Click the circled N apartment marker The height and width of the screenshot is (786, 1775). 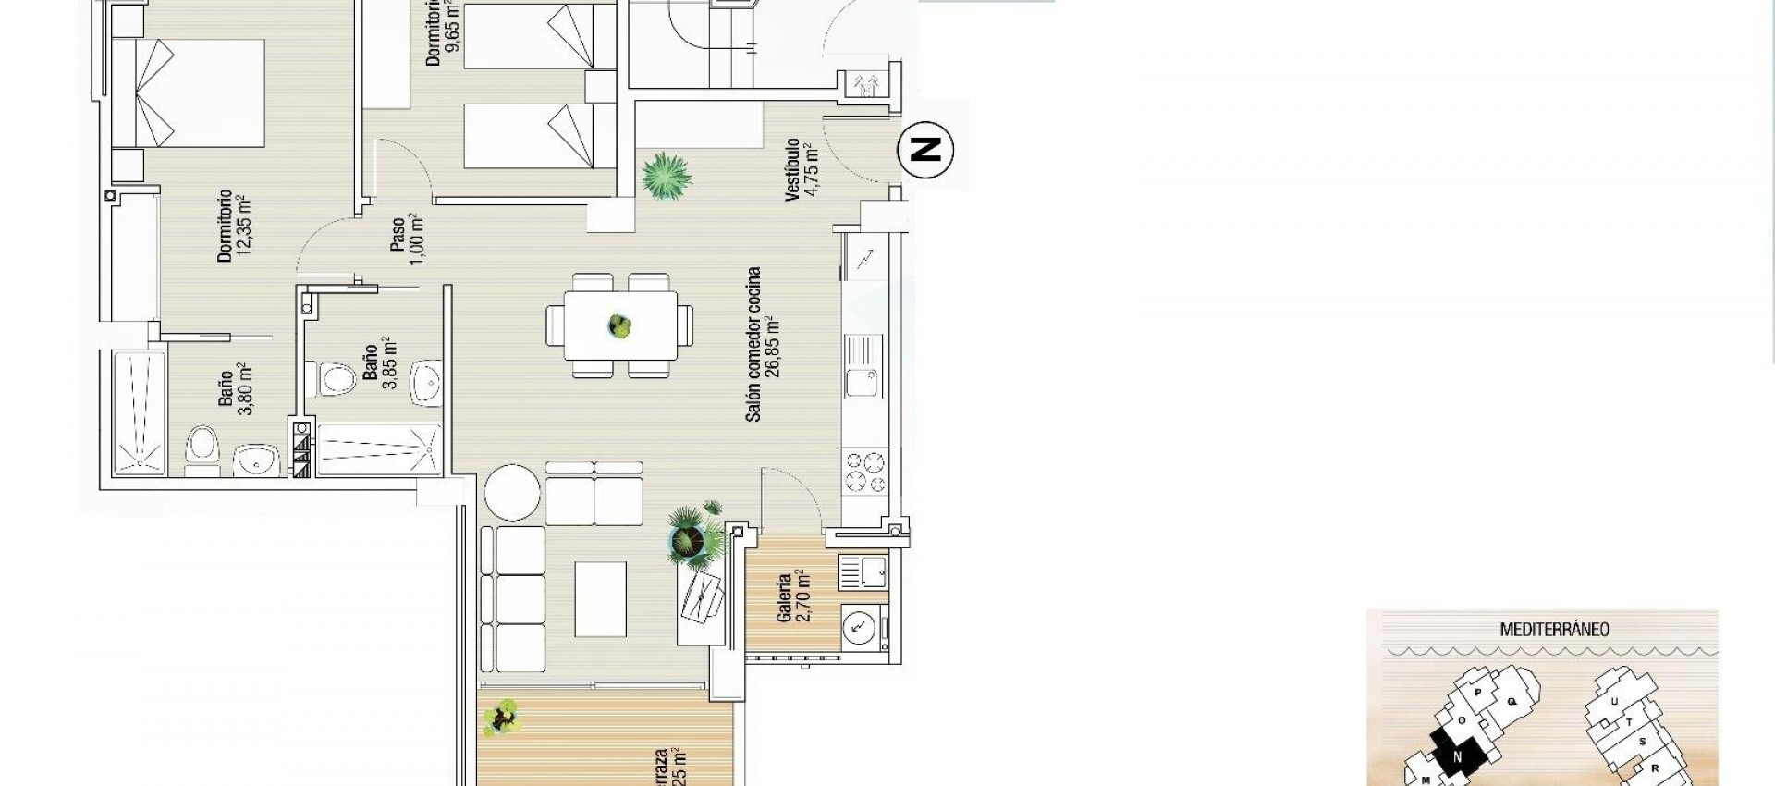(x=926, y=148)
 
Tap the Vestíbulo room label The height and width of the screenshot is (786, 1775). (x=799, y=169)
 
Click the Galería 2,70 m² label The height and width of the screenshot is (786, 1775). (x=792, y=597)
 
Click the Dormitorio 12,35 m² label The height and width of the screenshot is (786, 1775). (x=233, y=227)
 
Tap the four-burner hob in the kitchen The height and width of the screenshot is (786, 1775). (x=865, y=470)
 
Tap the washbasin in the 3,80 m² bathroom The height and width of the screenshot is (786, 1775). (x=255, y=460)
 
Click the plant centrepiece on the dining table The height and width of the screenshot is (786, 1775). (x=618, y=325)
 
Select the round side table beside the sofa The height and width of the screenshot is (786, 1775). (x=512, y=492)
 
